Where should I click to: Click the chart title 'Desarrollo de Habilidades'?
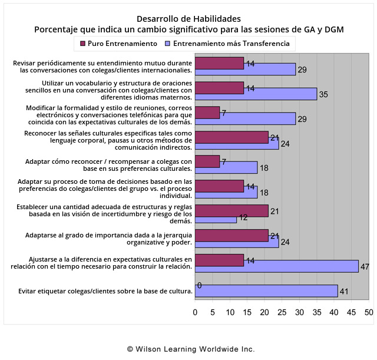(188, 19)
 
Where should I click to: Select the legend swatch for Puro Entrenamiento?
(82, 44)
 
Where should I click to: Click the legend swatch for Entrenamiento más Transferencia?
(168, 44)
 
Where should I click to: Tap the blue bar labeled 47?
(276, 266)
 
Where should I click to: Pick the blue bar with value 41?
(266, 291)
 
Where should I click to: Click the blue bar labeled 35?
(256, 94)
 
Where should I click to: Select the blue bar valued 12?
(216, 219)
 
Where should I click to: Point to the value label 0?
(200, 286)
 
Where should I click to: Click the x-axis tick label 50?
(369, 312)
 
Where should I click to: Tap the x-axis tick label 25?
(282, 312)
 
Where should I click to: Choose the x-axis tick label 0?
(196, 312)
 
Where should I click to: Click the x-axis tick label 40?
(334, 312)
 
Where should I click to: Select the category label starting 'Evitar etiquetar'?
(105, 291)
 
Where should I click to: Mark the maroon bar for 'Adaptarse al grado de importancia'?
(232, 235)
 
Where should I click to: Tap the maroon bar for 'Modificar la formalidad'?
(207, 112)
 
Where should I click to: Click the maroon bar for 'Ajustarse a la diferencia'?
(219, 260)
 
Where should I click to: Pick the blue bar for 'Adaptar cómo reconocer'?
(226, 168)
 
